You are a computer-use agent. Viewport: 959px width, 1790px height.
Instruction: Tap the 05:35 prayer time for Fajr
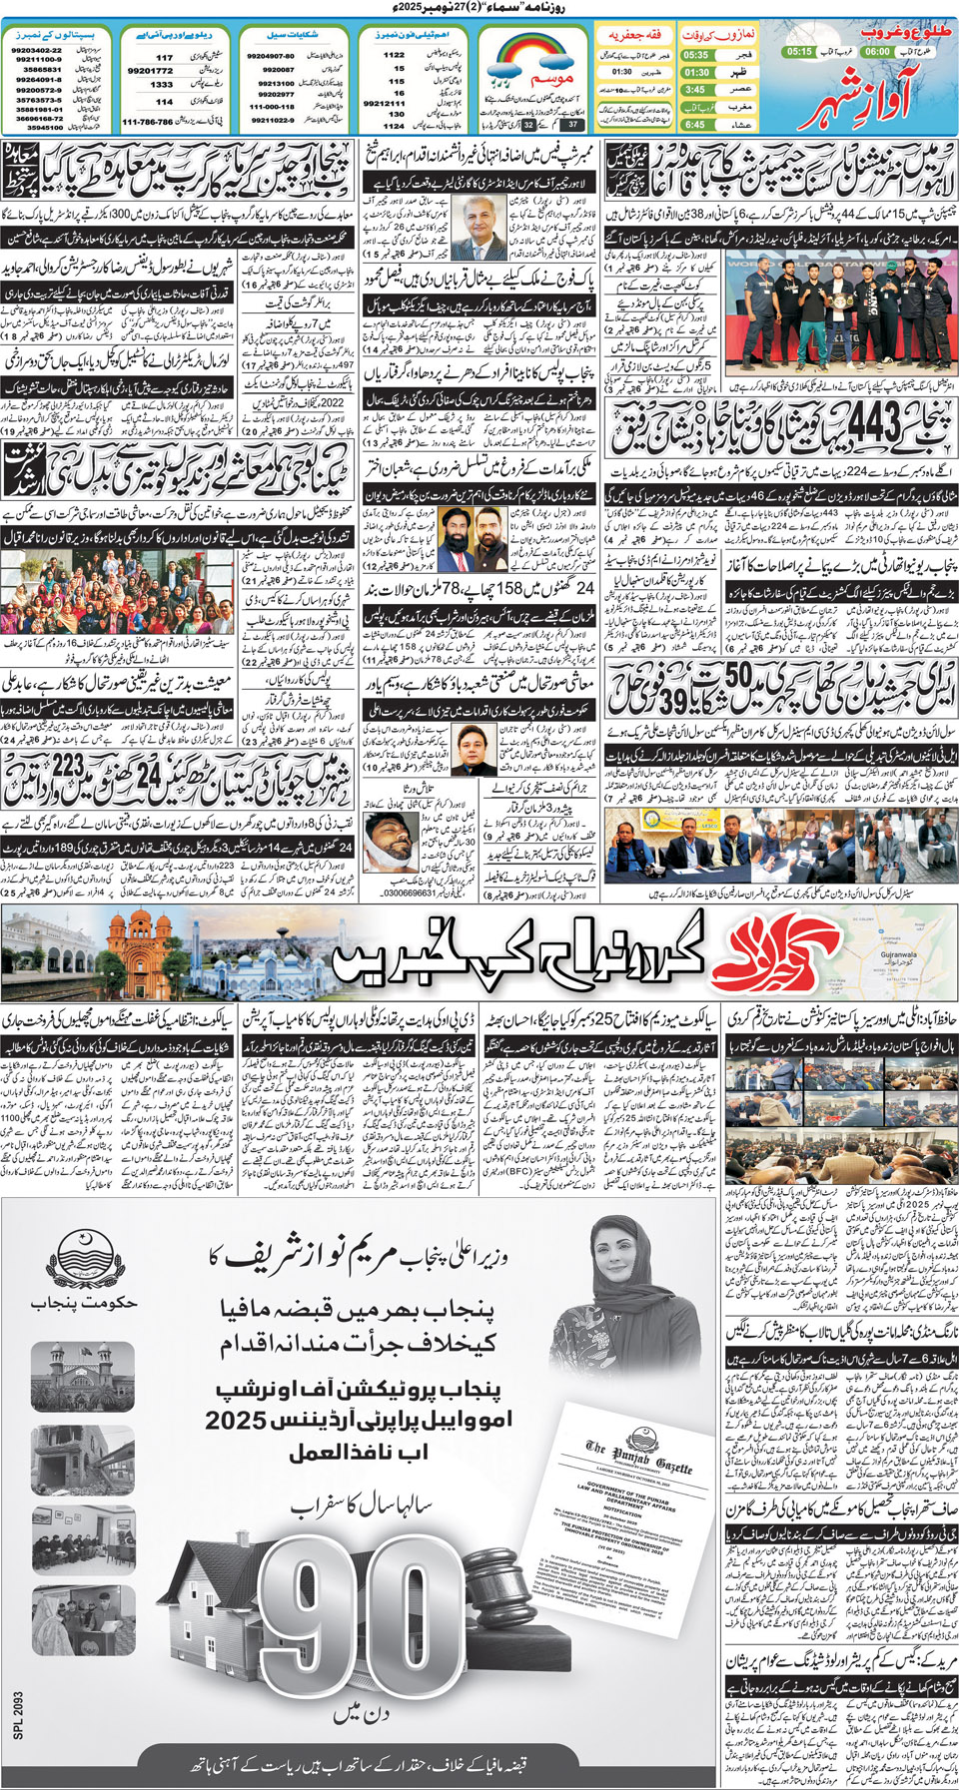[x=695, y=56]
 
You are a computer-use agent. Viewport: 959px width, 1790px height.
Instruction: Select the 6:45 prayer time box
[x=695, y=125]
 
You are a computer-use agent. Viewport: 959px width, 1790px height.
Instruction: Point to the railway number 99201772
[x=150, y=71]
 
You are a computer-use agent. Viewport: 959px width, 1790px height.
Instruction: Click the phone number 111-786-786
[x=147, y=122]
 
